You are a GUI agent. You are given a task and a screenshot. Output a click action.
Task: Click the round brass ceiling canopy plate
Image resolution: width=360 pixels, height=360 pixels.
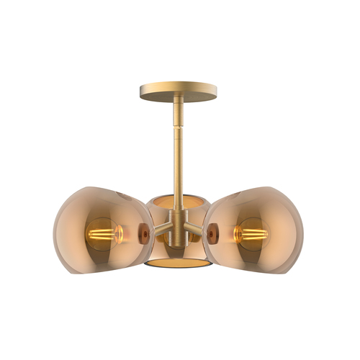[177, 91]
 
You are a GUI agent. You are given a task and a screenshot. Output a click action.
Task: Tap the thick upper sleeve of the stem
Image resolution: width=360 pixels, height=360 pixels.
[177, 119]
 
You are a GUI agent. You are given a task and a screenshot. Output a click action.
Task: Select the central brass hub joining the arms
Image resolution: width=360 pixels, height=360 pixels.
[177, 229]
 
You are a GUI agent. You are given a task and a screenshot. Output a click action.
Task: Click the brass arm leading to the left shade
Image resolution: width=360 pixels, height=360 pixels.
[160, 232]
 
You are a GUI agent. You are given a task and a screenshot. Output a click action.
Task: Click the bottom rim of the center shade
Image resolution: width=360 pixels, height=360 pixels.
[177, 265]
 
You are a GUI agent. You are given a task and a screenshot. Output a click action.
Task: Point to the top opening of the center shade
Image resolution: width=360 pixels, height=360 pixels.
[177, 199]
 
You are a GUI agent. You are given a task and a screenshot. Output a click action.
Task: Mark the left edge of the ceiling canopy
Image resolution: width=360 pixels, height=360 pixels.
[141, 91]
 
